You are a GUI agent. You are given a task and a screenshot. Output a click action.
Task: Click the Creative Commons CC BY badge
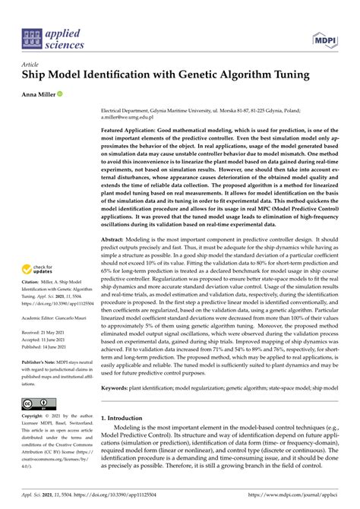[37, 403]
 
